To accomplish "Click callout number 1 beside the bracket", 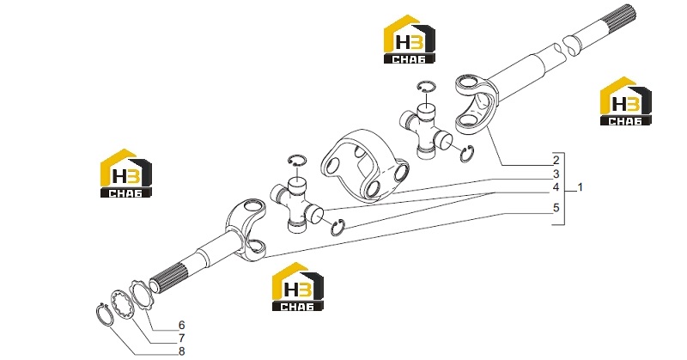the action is pos(581,187).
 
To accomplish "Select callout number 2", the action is pos(556,160).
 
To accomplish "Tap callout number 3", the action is pos(556,174).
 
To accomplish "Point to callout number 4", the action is pos(556,187).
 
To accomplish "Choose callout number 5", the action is pos(556,207).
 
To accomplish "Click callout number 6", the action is pos(181,326).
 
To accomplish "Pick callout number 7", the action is pos(181,339).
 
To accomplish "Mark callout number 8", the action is pos(181,351).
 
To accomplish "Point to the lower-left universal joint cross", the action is pos(296,205).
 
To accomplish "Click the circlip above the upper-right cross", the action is pos(426,82).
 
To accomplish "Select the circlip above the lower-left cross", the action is pos(298,156).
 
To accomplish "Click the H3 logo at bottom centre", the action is pos(298,287).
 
